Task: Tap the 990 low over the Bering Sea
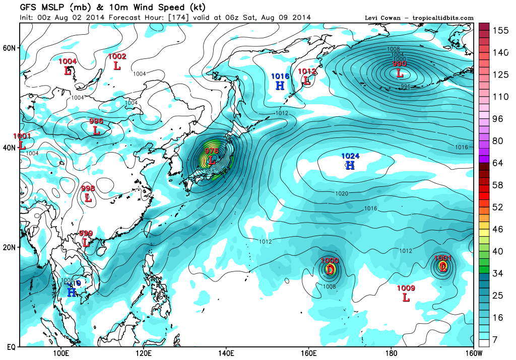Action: [400, 74]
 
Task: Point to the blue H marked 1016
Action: [280, 85]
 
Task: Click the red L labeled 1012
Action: [306, 80]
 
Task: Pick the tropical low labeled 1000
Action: [330, 269]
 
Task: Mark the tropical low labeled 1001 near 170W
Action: [443, 267]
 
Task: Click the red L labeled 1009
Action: [406, 297]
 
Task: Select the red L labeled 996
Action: [96, 130]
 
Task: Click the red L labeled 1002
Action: [117, 65]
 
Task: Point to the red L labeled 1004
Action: [68, 70]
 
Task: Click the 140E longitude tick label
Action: [225, 352]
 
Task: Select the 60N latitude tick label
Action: [10, 48]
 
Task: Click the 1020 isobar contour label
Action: [342, 193]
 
